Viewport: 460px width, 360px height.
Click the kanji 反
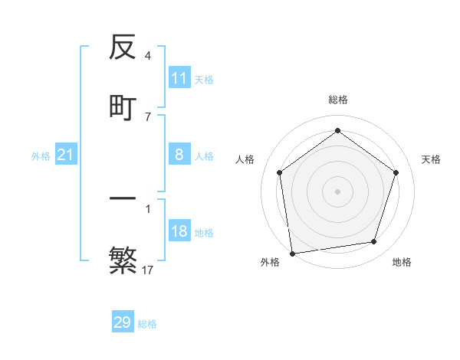(x=123, y=48)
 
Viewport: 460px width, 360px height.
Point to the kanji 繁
(x=123, y=259)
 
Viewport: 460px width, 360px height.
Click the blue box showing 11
(x=179, y=78)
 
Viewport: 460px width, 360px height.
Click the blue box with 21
(x=66, y=155)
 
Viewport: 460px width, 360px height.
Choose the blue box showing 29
(x=123, y=322)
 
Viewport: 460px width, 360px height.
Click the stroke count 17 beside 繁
(x=148, y=270)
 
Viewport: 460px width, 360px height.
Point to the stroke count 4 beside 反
(x=148, y=56)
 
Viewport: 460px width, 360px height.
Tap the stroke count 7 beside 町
(x=148, y=116)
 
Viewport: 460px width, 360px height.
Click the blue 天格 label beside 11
(x=204, y=79)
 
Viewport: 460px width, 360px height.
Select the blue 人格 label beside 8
(x=204, y=156)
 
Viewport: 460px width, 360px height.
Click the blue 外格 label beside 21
(x=41, y=156)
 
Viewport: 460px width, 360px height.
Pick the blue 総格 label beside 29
(x=147, y=324)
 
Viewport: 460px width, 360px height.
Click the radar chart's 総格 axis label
(x=338, y=100)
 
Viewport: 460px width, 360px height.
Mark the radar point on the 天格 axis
(x=396, y=172)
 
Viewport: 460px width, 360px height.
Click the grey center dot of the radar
(x=338, y=191)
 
